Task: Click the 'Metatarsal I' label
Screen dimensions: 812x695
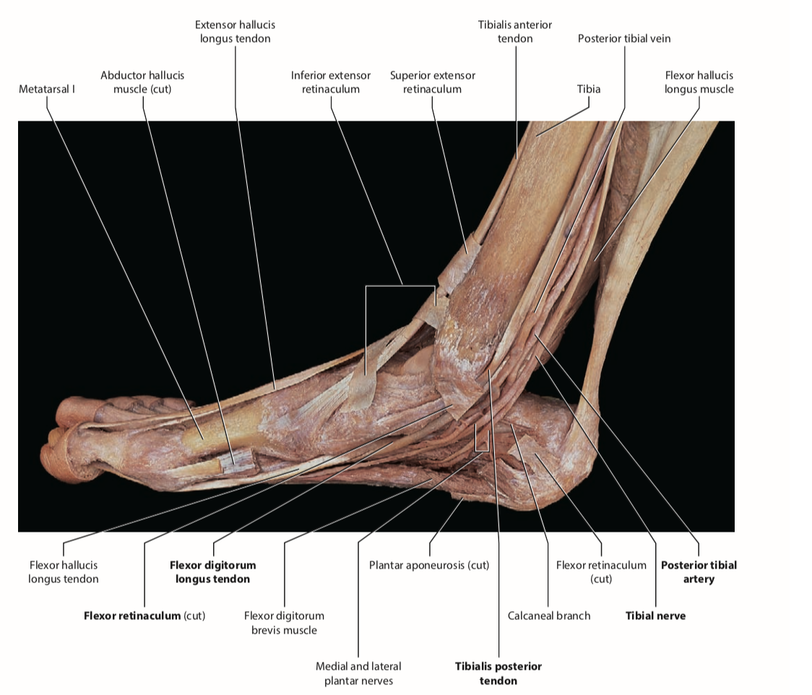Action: (x=47, y=90)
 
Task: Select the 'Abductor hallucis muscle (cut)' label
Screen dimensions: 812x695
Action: (x=142, y=82)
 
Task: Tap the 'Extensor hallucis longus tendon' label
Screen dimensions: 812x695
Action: (x=236, y=32)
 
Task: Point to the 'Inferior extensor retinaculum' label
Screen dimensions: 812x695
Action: (x=331, y=82)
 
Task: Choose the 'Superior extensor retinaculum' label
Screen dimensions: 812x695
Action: (x=433, y=82)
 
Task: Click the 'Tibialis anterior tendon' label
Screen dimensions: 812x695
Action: (x=515, y=32)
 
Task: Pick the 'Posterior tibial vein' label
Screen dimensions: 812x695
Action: (x=624, y=38)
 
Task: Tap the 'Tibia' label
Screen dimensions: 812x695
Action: (x=589, y=90)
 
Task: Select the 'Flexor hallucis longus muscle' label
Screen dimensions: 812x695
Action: (x=699, y=82)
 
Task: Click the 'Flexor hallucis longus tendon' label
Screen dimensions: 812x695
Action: (x=64, y=571)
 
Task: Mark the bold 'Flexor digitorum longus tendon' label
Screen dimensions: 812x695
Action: (x=212, y=571)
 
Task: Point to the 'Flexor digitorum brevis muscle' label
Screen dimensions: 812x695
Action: (x=284, y=623)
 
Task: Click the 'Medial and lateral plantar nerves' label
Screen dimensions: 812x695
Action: (x=358, y=673)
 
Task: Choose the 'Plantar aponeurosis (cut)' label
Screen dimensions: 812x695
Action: (x=429, y=565)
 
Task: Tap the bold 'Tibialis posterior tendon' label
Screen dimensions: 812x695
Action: (x=498, y=673)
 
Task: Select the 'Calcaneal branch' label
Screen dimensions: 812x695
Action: (x=549, y=616)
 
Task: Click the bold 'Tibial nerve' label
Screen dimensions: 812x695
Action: (x=655, y=616)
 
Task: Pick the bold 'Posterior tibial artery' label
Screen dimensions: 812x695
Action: (x=699, y=571)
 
